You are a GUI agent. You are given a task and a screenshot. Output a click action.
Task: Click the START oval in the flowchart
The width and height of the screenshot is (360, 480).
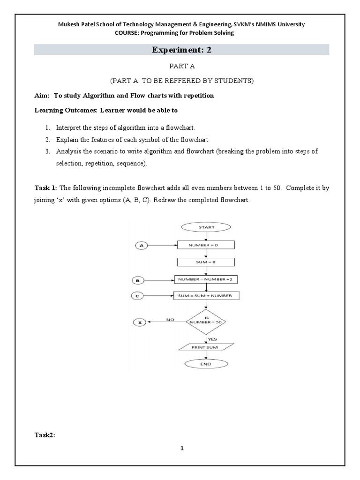coord(206,227)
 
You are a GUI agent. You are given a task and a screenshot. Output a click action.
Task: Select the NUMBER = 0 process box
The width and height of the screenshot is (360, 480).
coord(206,245)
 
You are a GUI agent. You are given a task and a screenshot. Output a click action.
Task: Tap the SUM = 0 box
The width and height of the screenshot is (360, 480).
coord(206,262)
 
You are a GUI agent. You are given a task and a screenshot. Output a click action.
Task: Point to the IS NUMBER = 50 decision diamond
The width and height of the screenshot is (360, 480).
coord(206,322)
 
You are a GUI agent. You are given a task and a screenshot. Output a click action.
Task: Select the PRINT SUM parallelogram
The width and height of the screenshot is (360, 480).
coord(206,347)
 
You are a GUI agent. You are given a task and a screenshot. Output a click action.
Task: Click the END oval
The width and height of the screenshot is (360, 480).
coord(206,364)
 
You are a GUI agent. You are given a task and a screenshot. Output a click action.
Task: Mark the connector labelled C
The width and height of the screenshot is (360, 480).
coord(138,296)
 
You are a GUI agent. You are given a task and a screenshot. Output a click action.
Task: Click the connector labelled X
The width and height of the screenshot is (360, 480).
coord(140,322)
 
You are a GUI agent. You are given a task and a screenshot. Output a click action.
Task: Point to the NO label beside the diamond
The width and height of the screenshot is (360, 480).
coord(170,319)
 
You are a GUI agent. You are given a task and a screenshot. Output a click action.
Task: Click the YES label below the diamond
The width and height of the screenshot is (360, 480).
coord(212,338)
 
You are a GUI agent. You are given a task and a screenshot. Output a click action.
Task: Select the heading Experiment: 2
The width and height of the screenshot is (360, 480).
coord(181,50)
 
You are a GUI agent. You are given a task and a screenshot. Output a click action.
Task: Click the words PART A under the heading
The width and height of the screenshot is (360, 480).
coord(181,67)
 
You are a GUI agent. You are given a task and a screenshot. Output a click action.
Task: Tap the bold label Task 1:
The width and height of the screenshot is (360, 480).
coord(46,188)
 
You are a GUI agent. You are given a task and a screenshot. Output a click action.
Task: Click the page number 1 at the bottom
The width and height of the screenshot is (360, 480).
coord(182,448)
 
